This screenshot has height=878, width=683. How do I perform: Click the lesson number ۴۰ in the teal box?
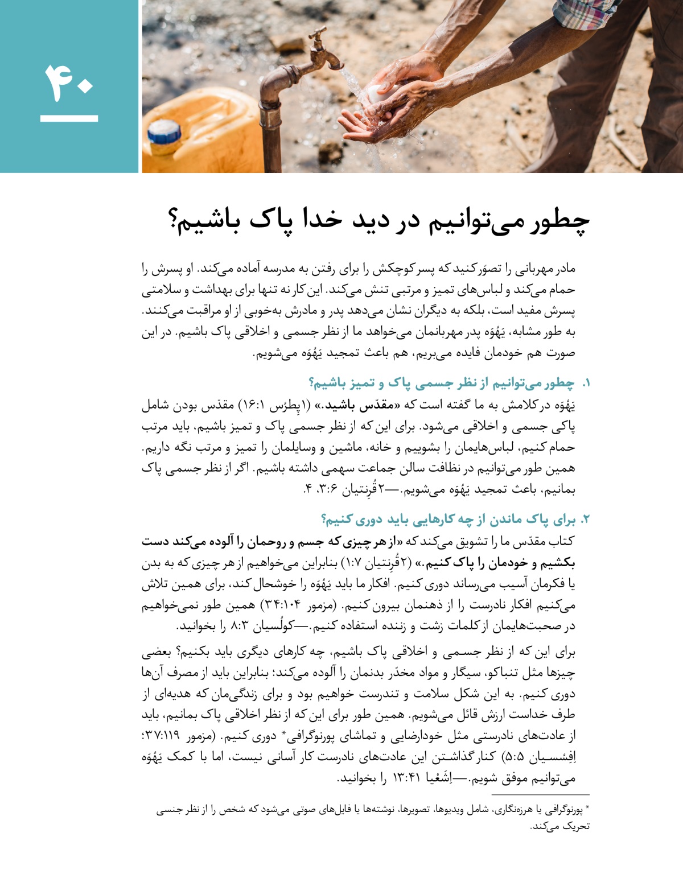69,84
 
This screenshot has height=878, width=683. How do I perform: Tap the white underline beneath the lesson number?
69,118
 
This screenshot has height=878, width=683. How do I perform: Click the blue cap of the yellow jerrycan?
164,133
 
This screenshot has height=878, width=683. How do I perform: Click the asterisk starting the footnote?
587,807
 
